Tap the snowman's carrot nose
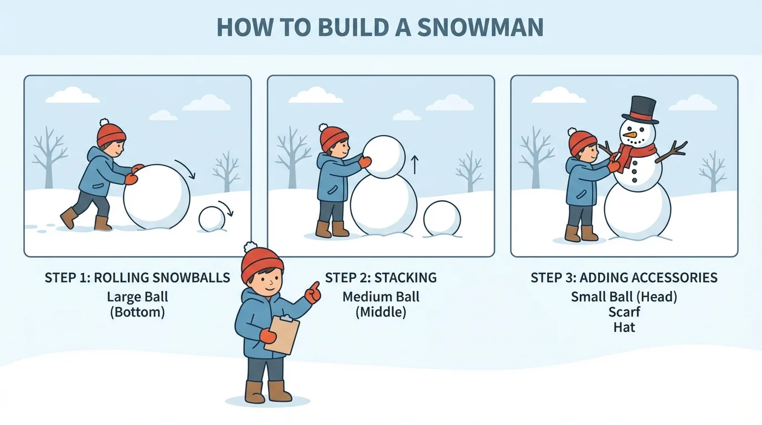630,134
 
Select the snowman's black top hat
641,110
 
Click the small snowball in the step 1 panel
212,219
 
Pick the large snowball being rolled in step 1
157,197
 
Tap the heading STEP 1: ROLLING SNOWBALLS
137,278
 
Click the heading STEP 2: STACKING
380,278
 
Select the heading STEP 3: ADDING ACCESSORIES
624,278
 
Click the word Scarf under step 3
624,312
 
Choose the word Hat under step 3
624,327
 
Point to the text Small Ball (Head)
624,297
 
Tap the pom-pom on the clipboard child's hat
250,247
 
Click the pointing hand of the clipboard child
313,292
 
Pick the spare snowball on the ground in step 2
442,219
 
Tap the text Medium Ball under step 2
380,297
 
